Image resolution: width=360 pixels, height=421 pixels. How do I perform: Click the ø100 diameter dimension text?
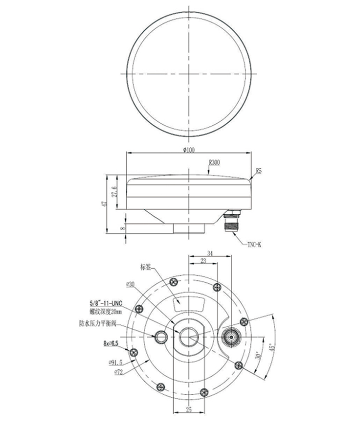pyautogui.click(x=189, y=149)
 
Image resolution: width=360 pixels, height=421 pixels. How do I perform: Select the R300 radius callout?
pyautogui.click(x=214, y=163)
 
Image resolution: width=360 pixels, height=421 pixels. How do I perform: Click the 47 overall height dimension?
pyautogui.click(x=104, y=204)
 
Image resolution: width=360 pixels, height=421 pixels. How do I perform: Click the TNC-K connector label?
pyautogui.click(x=254, y=245)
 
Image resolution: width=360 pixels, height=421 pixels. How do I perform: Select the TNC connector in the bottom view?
pyautogui.click(x=231, y=337)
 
